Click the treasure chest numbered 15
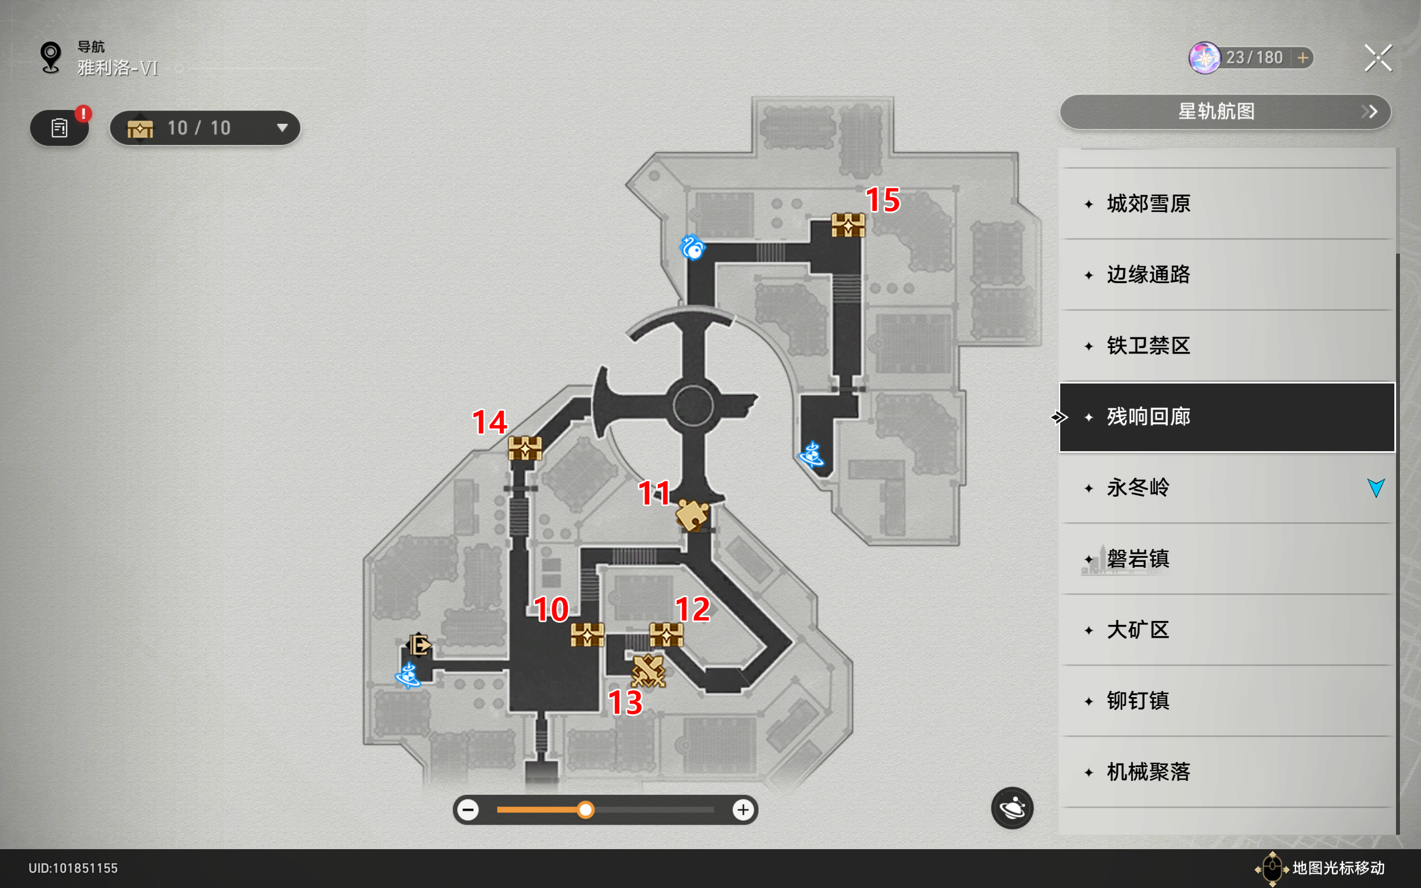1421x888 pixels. [848, 225]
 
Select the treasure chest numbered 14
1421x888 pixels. [525, 448]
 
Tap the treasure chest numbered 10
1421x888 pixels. [587, 635]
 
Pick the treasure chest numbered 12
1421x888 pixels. [667, 635]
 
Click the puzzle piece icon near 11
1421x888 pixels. [692, 515]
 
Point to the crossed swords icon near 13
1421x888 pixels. [648, 670]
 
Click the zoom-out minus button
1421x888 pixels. [468, 810]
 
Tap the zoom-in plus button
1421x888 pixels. [743, 810]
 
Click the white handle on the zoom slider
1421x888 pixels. [586, 810]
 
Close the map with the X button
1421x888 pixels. [1378, 58]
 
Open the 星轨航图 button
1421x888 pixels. [1226, 112]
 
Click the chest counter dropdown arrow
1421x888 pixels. [283, 128]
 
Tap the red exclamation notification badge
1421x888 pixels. [83, 113]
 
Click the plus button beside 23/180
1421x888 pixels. [1303, 58]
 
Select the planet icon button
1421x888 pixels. [1012, 808]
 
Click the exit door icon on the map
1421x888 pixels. [419, 645]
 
